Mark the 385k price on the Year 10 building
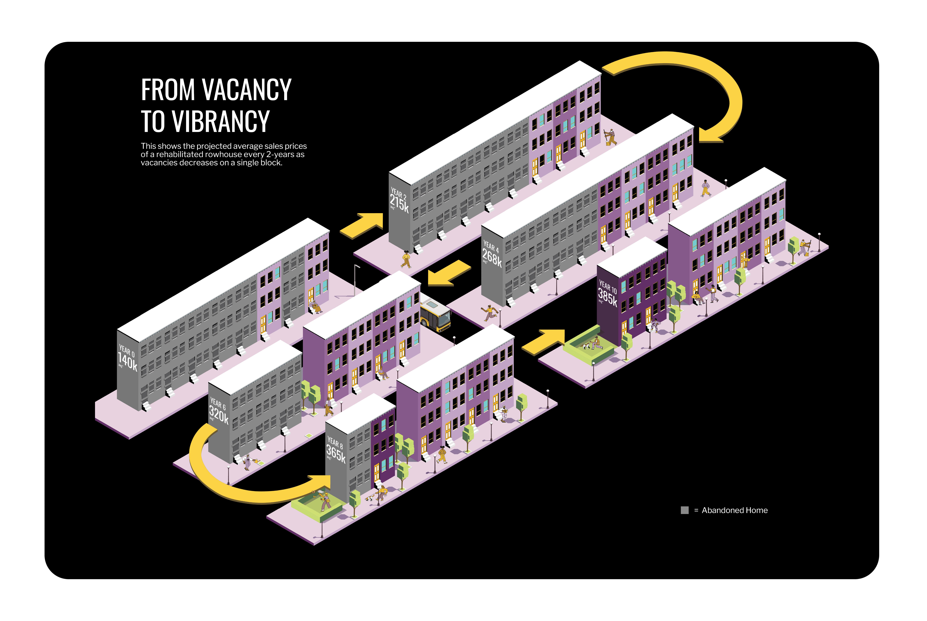(607, 297)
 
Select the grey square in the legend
(684, 510)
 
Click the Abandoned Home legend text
(734, 510)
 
